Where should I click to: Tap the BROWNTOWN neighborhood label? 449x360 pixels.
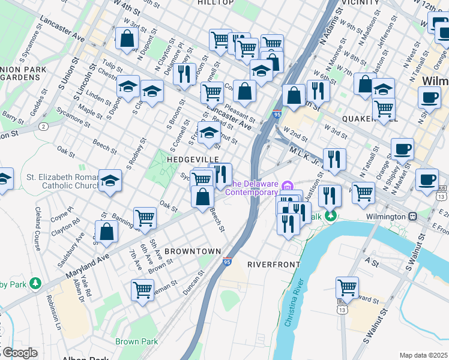(193, 251)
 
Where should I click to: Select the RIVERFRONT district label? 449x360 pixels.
(273, 264)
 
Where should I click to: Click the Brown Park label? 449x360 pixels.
(137, 341)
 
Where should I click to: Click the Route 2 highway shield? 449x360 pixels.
(44, 127)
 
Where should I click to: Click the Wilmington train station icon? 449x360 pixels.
(412, 216)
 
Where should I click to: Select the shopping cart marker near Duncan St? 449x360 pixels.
(142, 290)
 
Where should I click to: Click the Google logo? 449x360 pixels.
(19, 353)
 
